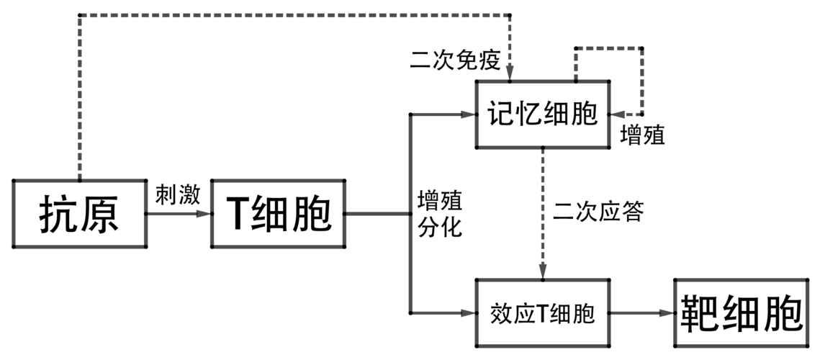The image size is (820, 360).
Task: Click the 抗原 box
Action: (x=79, y=214)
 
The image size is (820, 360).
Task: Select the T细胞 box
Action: (x=278, y=214)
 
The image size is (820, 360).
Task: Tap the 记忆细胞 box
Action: (x=543, y=114)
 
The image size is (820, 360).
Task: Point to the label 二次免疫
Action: (x=454, y=60)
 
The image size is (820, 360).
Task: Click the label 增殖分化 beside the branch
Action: (x=440, y=213)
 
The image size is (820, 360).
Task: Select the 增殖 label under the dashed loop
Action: (x=642, y=135)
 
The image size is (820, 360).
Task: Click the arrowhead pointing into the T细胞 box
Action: (x=207, y=214)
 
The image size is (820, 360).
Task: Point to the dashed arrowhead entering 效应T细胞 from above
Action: (x=543, y=274)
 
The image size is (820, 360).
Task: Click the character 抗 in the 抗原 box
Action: (x=56, y=214)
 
